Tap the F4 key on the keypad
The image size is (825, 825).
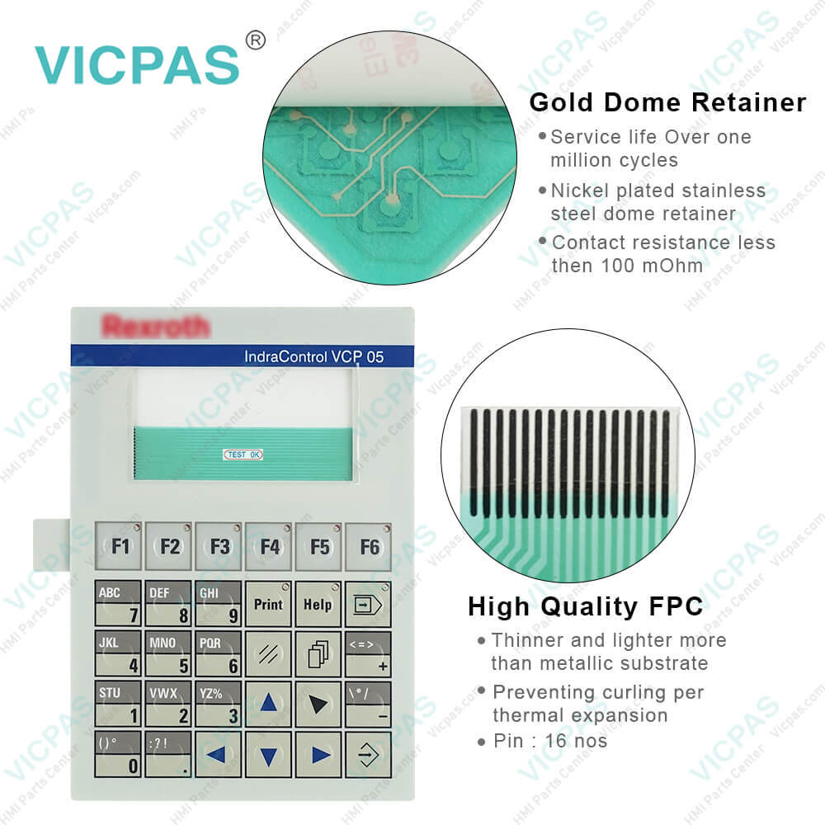click(269, 546)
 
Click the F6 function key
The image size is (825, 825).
click(369, 546)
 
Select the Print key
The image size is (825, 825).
click(269, 604)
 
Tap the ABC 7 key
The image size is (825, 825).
click(118, 604)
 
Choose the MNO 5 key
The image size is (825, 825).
click(168, 653)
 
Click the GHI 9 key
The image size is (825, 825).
click(219, 604)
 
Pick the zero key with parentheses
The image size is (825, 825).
click(118, 754)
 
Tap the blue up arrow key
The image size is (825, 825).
click(269, 704)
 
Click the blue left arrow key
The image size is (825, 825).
click(219, 754)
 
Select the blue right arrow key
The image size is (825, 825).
click(319, 754)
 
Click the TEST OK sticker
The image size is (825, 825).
click(243, 455)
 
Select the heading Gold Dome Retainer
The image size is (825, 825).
click(667, 102)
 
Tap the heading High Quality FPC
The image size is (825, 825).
click(586, 607)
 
